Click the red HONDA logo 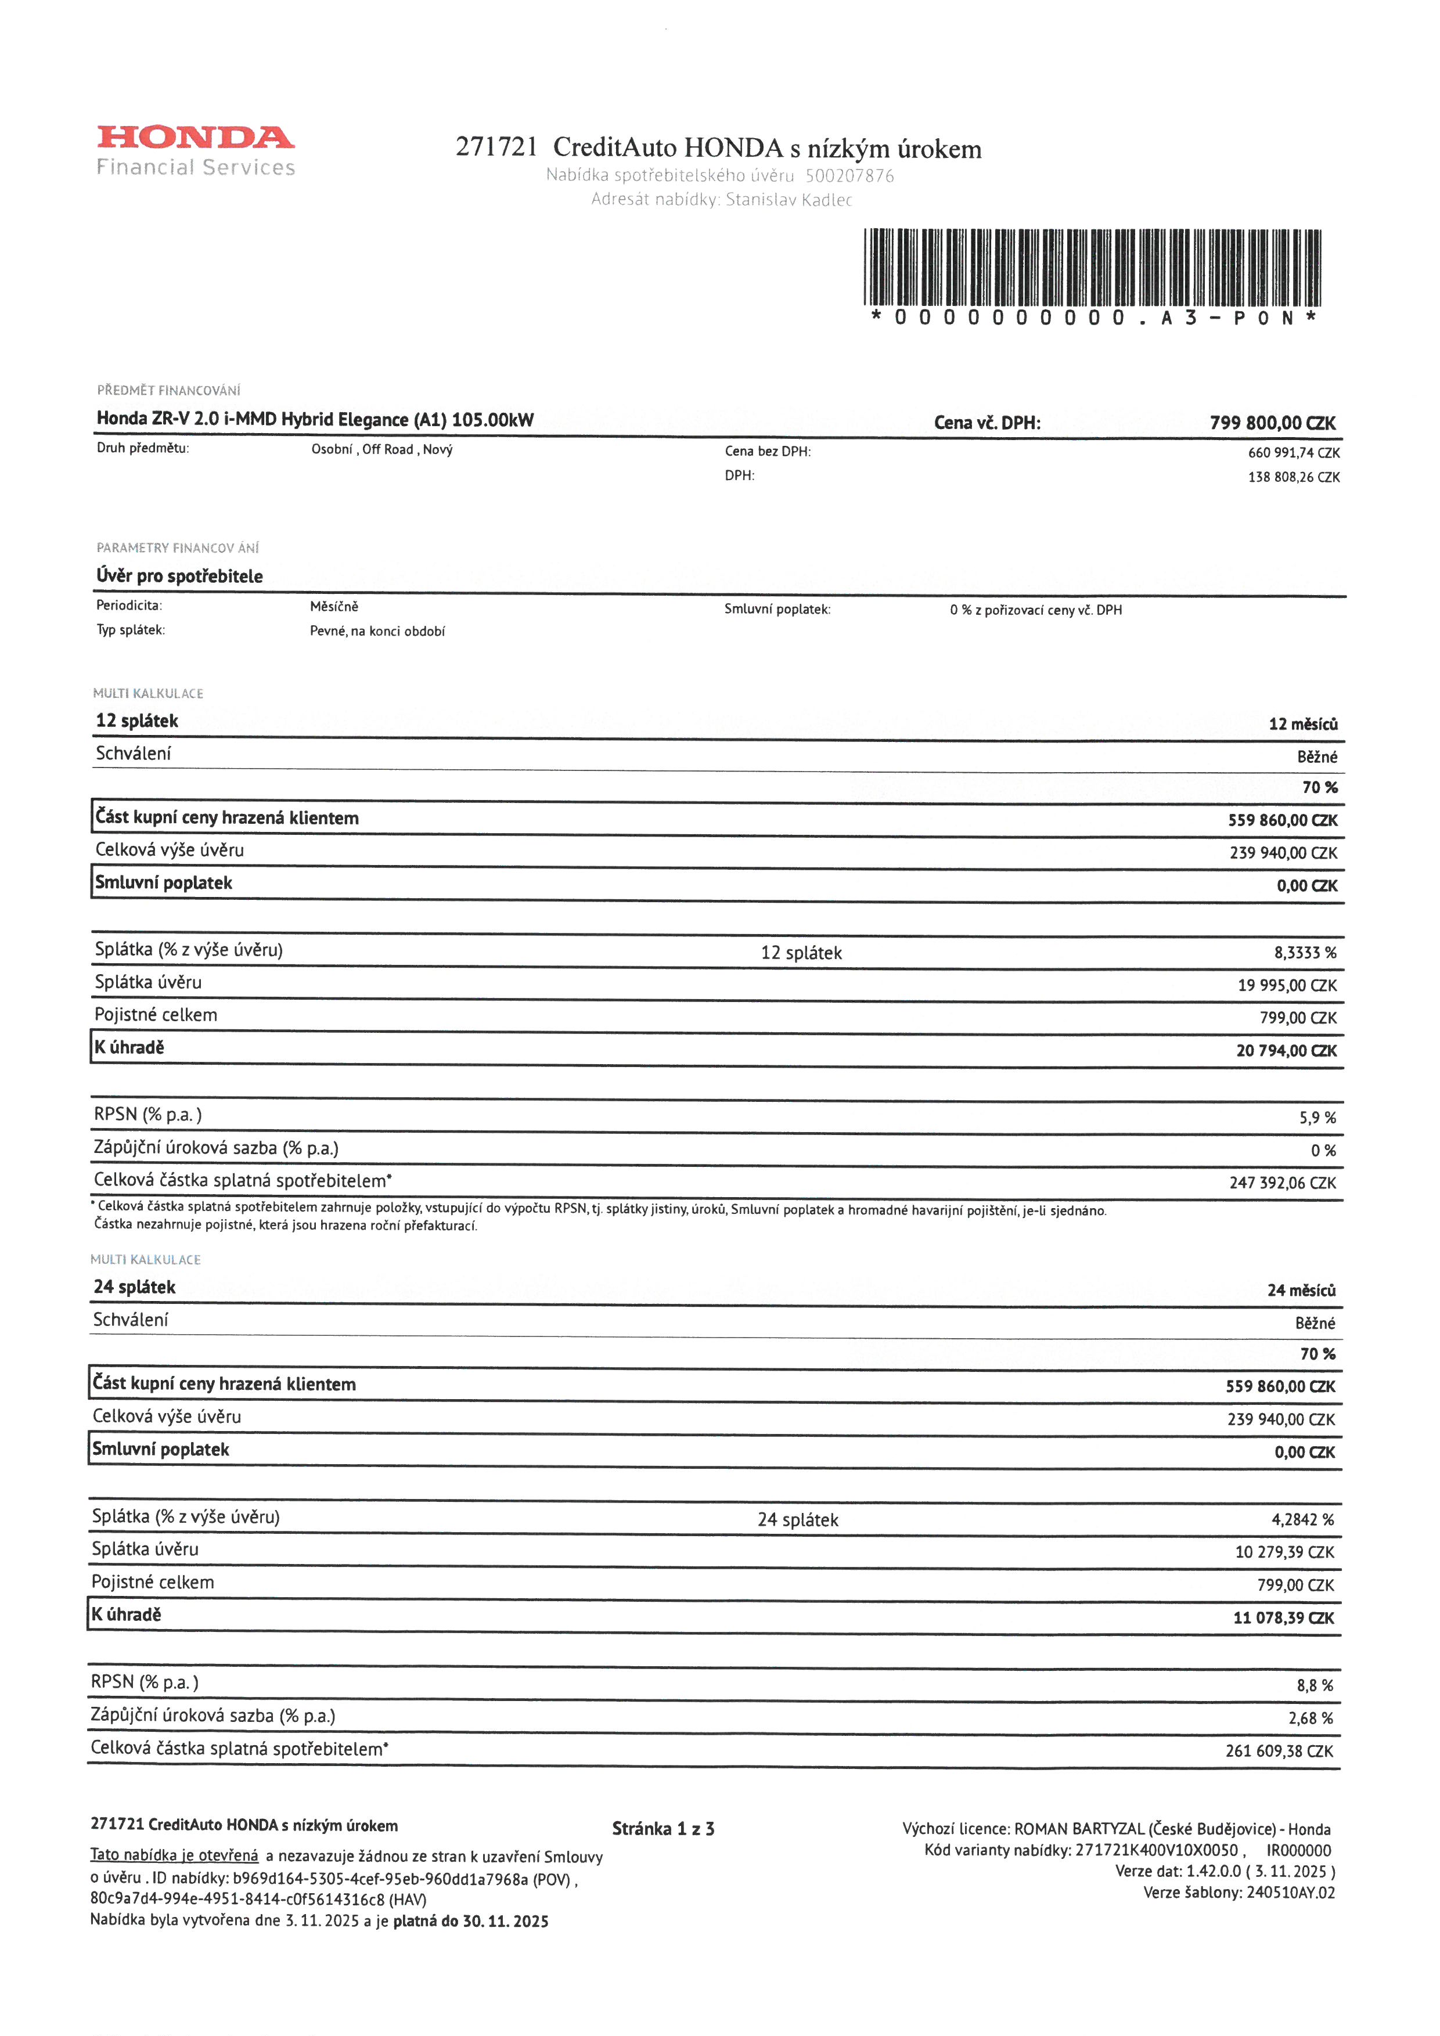(x=195, y=138)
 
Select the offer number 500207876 (x=849, y=175)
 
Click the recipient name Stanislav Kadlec (x=789, y=200)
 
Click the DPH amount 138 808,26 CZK (x=1294, y=477)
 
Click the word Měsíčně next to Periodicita (x=334, y=607)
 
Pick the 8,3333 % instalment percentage (x=1304, y=953)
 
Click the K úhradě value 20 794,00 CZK (x=1286, y=1051)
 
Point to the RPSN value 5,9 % (x=1317, y=1118)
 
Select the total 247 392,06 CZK (x=1282, y=1183)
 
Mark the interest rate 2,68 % (x=1311, y=1718)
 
